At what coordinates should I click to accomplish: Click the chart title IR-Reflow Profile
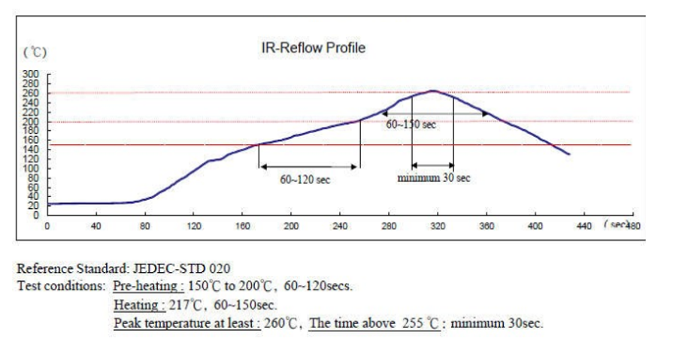point(313,48)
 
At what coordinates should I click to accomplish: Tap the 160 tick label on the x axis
point(242,225)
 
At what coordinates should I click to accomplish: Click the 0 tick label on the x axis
point(47,225)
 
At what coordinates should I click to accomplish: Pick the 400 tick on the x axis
point(535,225)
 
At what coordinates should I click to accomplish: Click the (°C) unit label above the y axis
point(35,53)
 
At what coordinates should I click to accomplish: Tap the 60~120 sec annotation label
point(305,180)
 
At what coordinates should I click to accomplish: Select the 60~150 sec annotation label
point(411,125)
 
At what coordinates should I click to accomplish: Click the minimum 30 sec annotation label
point(434,178)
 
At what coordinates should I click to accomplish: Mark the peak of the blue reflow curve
point(433,91)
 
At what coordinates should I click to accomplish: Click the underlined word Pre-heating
point(147,286)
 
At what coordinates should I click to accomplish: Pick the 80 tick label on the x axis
point(144,225)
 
